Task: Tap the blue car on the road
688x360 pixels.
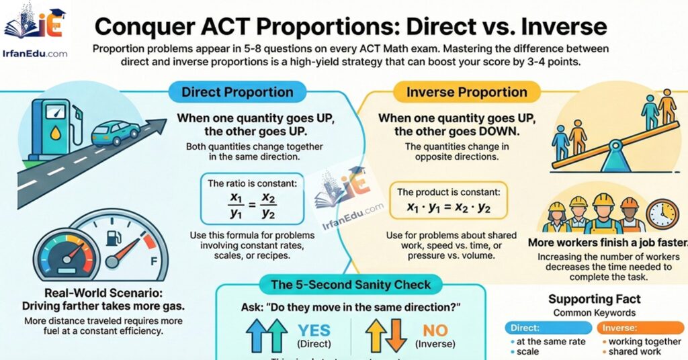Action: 116,132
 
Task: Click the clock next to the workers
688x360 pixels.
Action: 662,214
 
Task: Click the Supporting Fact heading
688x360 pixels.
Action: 594,299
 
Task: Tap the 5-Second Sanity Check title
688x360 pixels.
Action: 350,285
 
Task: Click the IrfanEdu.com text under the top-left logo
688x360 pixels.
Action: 36,53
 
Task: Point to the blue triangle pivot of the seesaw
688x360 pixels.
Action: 612,160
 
